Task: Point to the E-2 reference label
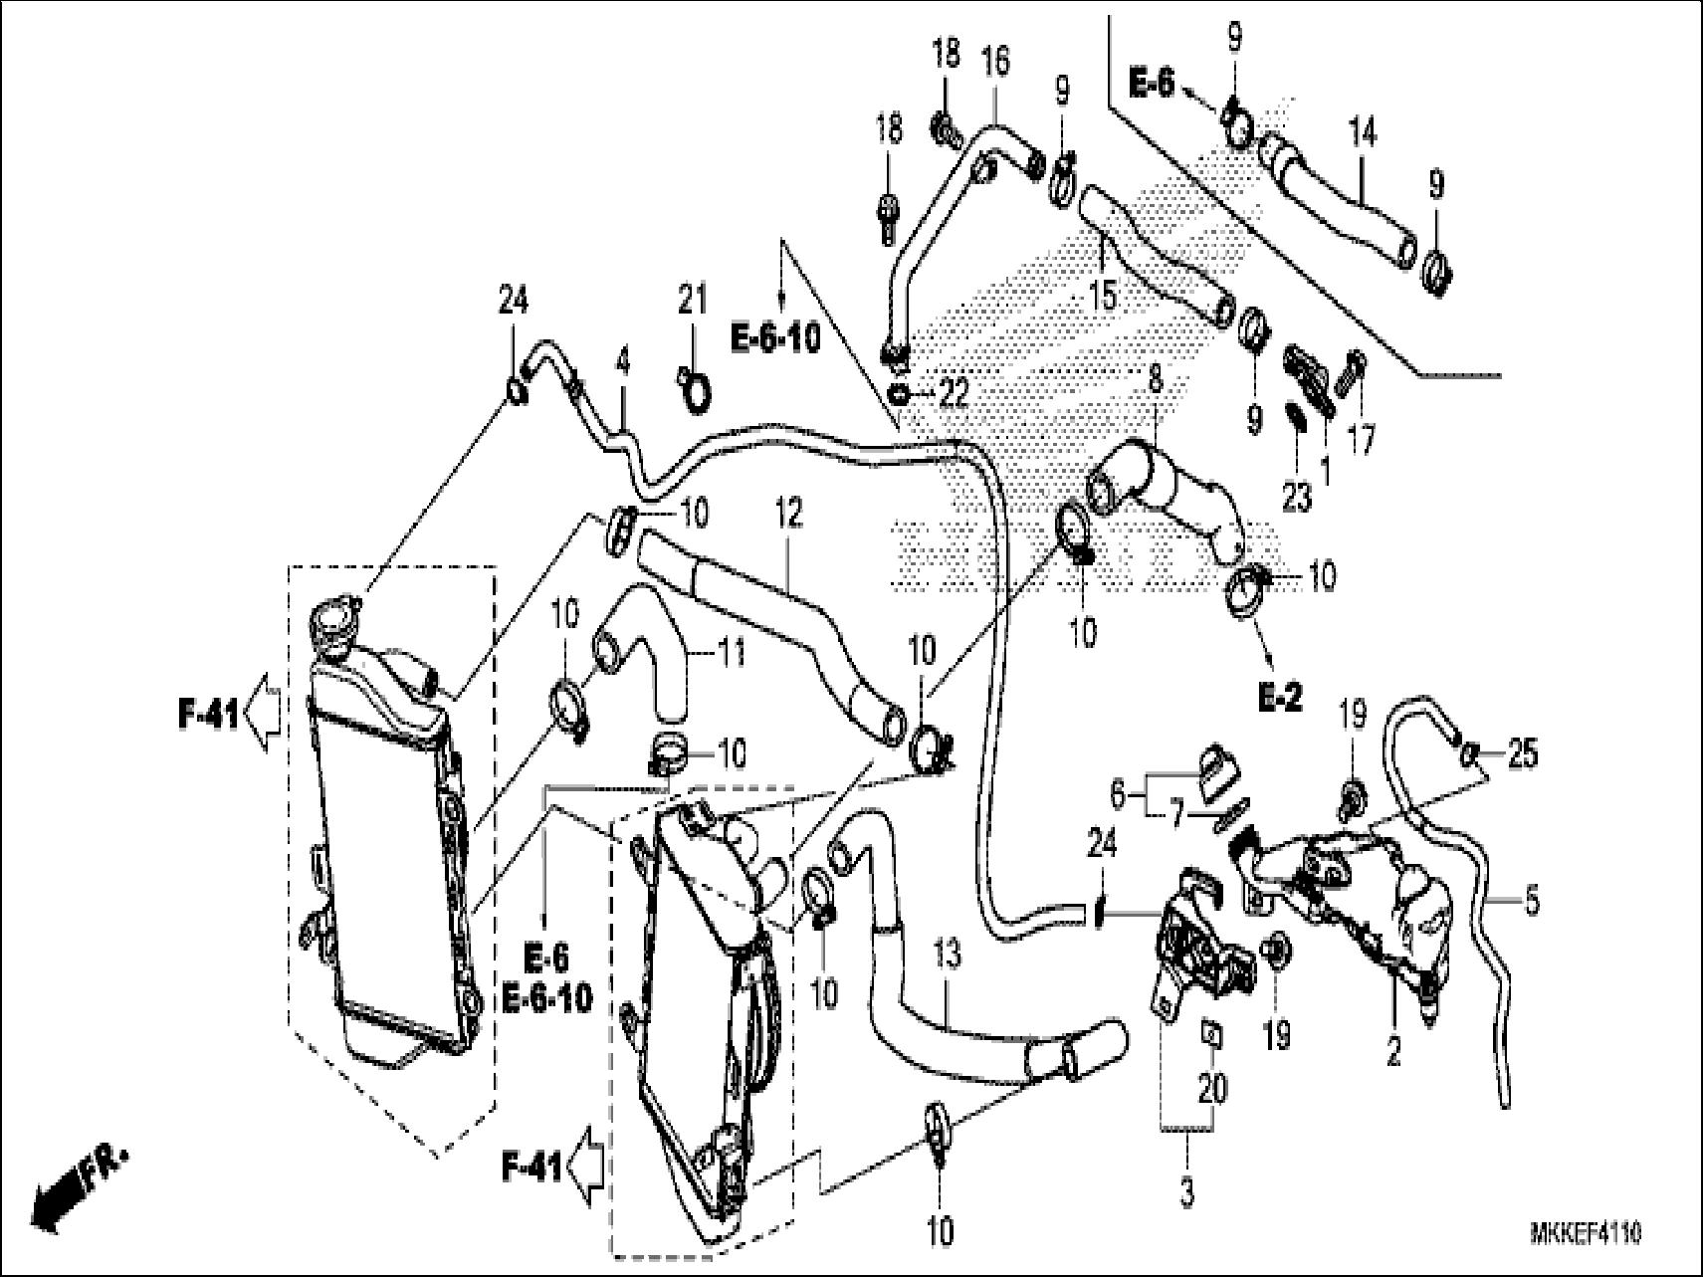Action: (x=1279, y=699)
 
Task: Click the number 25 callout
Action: (x=1522, y=754)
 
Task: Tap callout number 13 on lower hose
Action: (x=948, y=958)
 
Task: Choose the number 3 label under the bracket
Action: (x=1186, y=1191)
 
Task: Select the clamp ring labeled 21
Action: (x=694, y=392)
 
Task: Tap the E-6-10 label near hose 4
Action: (x=776, y=338)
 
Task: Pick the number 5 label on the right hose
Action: (x=1531, y=903)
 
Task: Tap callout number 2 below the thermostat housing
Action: (x=1392, y=1051)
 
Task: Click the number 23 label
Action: (x=1296, y=497)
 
